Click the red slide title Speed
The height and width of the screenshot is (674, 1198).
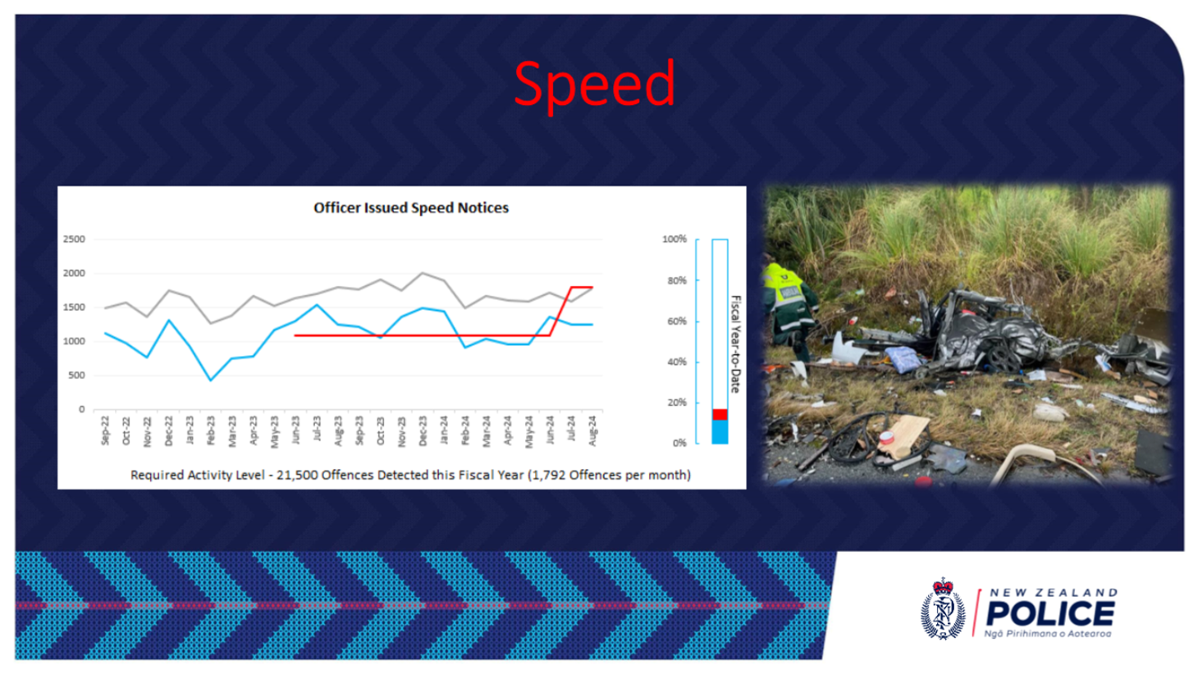coord(594,84)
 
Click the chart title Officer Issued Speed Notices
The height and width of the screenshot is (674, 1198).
coord(411,208)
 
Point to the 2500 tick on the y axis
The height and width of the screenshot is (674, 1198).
coord(74,239)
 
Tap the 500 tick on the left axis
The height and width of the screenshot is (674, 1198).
coord(76,376)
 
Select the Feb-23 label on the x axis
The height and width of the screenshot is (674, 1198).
coord(211,430)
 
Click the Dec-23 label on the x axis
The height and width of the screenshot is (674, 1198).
coord(423,430)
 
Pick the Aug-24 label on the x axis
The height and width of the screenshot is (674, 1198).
coord(592,430)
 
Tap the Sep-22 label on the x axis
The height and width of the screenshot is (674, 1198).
coord(105,430)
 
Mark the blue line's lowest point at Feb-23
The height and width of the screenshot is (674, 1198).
coord(211,380)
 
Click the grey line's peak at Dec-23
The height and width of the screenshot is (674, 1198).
coord(423,272)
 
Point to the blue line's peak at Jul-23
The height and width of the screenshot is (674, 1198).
coord(317,305)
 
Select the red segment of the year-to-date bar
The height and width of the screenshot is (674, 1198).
coord(720,415)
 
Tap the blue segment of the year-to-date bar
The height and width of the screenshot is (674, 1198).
coord(720,432)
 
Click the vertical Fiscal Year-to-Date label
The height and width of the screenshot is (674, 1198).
coord(736,344)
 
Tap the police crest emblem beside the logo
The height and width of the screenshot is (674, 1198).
coord(943,608)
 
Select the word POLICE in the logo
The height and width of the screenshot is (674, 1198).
coord(1050,613)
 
